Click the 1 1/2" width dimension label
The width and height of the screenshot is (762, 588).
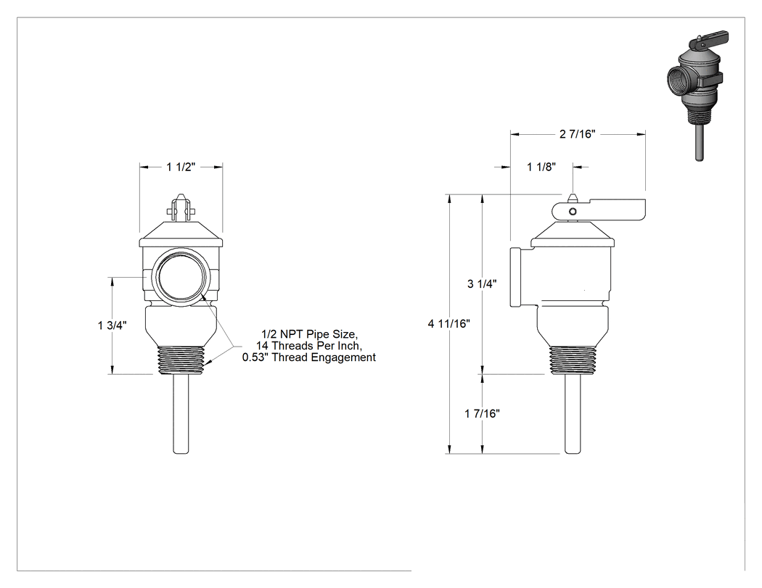click(x=181, y=167)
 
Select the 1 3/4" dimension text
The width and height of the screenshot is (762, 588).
click(x=112, y=326)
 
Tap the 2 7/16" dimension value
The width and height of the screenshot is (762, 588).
click(x=577, y=134)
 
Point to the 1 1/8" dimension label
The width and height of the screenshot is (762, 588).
click(x=541, y=167)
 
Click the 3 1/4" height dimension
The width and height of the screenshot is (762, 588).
click(x=482, y=283)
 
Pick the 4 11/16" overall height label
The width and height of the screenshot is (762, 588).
click(x=448, y=323)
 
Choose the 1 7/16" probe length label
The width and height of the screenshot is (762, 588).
click(x=482, y=413)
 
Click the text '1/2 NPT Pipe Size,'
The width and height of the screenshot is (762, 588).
click(x=310, y=334)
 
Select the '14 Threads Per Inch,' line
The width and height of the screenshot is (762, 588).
click(x=309, y=346)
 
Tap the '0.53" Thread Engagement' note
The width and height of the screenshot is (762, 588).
click(x=309, y=357)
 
